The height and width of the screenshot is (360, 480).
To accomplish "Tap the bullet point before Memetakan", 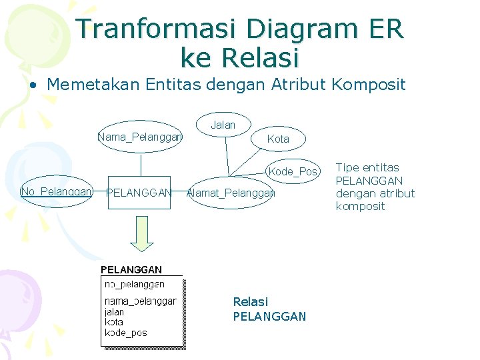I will click(32, 85).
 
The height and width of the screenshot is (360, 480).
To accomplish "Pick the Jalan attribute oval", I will click(223, 125).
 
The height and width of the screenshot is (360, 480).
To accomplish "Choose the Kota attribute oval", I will click(278, 139).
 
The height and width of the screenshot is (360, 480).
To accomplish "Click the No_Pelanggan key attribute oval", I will click(57, 192).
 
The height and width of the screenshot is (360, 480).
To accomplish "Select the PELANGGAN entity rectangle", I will click(139, 193).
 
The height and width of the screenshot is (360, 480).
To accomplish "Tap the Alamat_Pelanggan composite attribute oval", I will click(231, 193).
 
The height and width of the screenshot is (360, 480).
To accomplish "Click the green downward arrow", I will click(141, 235).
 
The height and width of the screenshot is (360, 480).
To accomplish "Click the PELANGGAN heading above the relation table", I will click(131, 270).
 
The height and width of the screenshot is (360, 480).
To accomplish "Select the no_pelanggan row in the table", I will click(135, 285).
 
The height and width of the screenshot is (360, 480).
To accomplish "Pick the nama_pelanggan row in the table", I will click(141, 301).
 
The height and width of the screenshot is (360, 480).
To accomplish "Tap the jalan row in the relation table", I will click(115, 312).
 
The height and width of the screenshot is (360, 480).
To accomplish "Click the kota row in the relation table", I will click(114, 322).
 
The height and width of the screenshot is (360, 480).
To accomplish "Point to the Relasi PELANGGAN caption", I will click(269, 309).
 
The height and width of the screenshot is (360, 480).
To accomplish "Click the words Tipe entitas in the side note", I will click(367, 167).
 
